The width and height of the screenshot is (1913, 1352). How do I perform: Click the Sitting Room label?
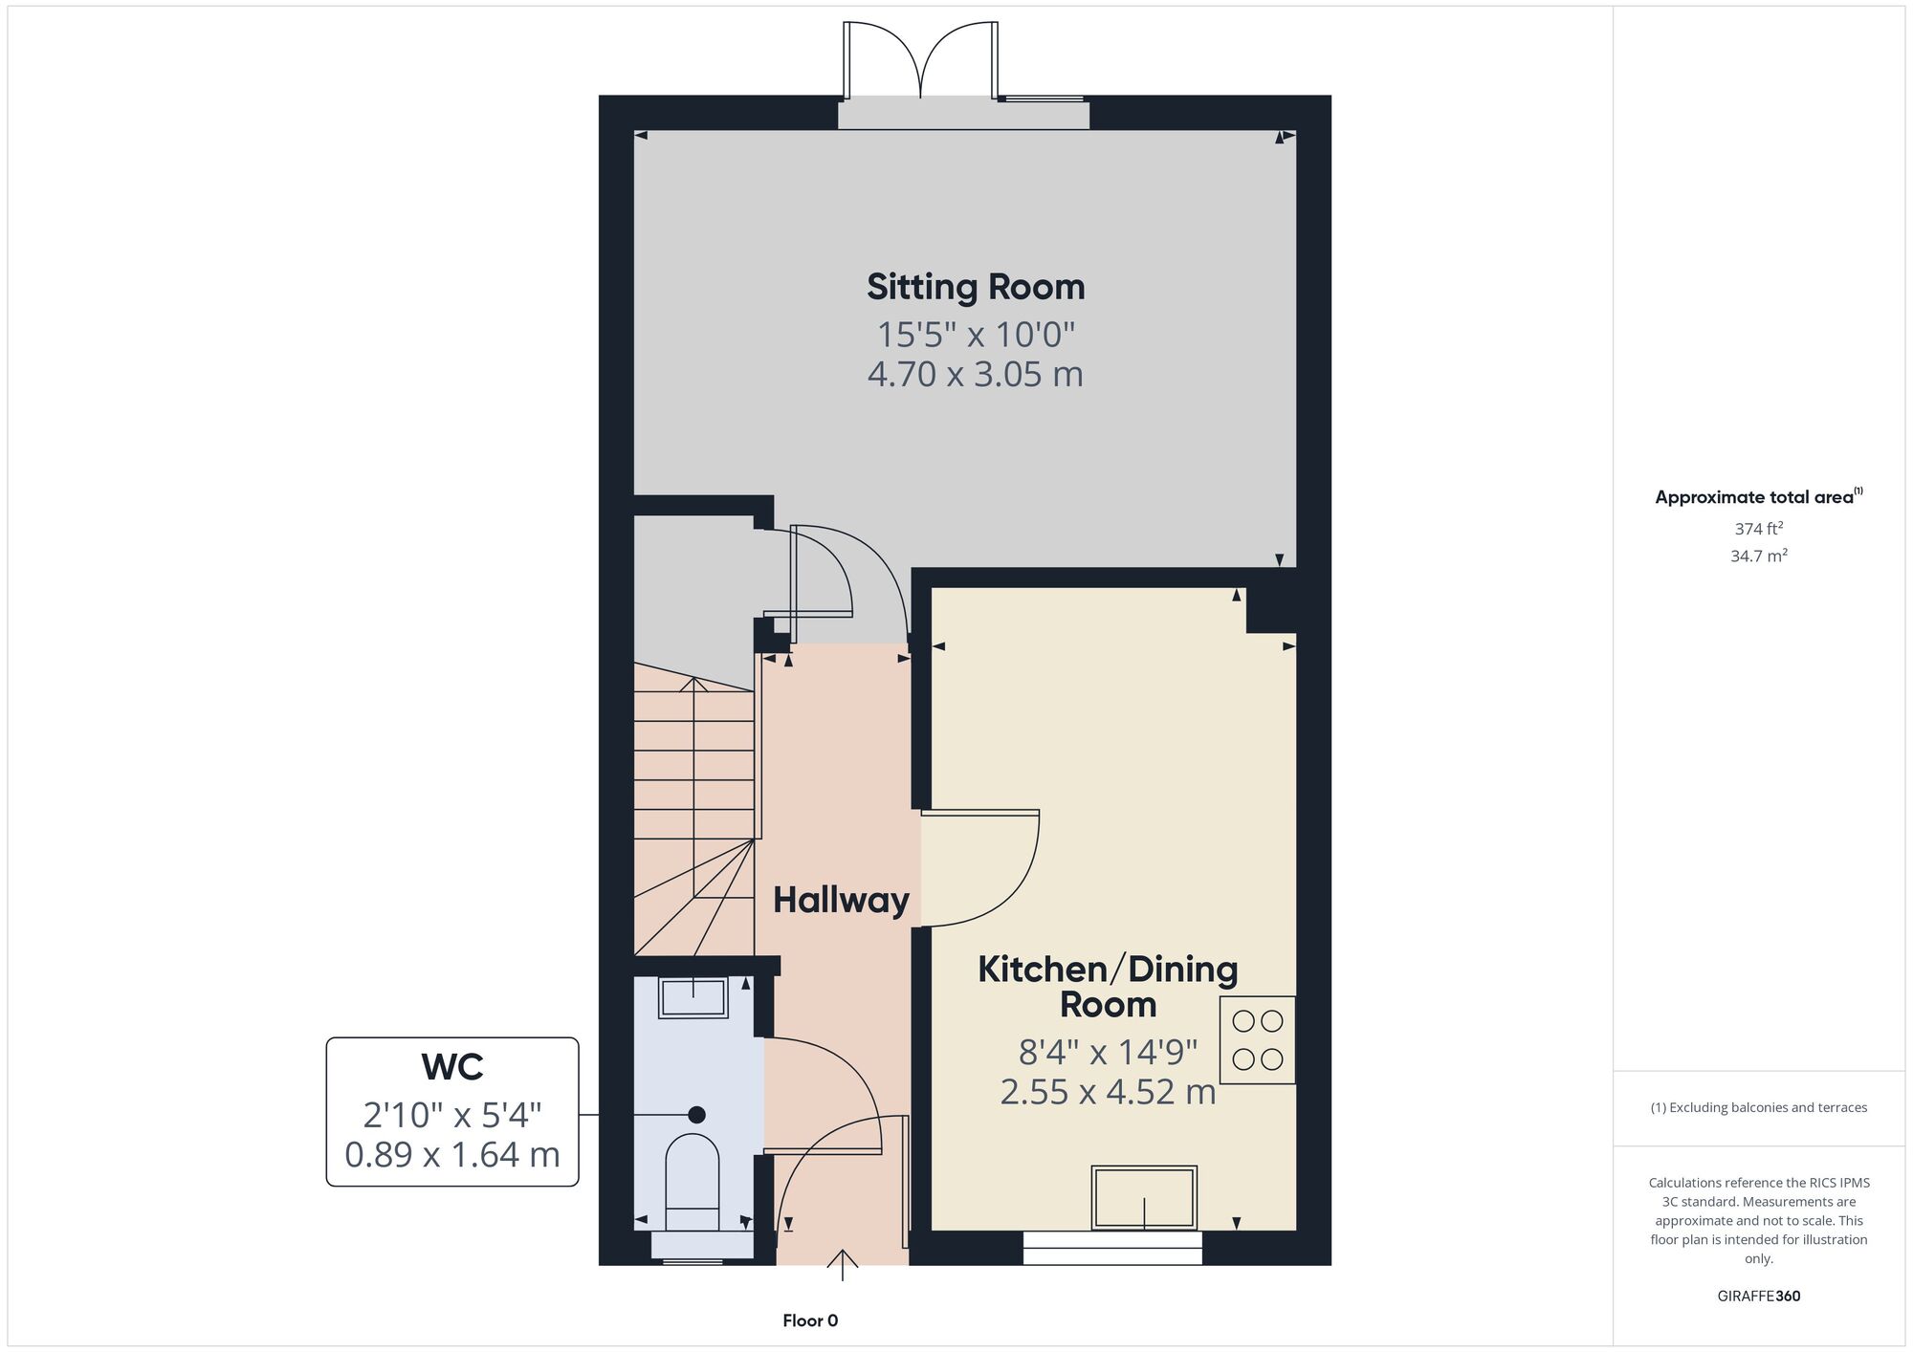pos(976,287)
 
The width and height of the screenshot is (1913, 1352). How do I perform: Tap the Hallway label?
pos(841,901)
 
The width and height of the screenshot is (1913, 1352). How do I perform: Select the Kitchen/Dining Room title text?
pos(1108,987)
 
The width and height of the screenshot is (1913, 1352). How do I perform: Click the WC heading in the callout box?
pos(452,1067)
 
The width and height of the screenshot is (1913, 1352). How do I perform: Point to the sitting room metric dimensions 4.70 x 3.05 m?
pos(975,374)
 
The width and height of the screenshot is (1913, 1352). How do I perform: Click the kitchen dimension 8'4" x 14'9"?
pos(1108,1053)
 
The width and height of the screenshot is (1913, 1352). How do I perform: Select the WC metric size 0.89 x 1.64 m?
pos(452,1155)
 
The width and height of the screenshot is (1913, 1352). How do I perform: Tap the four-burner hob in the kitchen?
pos(1258,1040)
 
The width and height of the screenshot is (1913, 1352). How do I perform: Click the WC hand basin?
pos(693,997)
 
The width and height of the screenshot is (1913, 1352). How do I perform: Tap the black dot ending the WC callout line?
pos(697,1115)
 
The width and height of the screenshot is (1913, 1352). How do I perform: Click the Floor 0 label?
pos(810,1321)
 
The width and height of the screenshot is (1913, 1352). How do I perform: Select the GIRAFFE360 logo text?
pos(1759,1297)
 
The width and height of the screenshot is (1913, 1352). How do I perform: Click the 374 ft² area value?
pos(1759,528)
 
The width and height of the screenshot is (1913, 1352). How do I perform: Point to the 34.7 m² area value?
pos(1759,556)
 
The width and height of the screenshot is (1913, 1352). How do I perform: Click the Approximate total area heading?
pos(1759,496)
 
